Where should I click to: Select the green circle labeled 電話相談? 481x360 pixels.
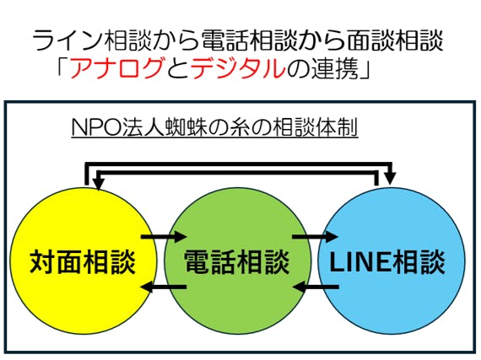[x=237, y=261]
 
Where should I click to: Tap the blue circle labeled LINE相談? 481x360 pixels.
[x=392, y=261]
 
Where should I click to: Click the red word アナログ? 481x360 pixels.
[x=116, y=67]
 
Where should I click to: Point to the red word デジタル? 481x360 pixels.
[x=238, y=67]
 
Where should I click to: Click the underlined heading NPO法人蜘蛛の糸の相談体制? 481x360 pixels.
[x=214, y=127]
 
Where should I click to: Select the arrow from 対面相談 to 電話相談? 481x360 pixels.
[x=164, y=237]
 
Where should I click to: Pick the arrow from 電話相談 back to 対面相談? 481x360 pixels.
[x=164, y=287]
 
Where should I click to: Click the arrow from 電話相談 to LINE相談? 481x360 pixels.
[x=315, y=237]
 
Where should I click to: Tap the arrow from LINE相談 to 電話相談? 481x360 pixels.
[x=316, y=287]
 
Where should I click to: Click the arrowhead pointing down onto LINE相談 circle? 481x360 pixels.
[x=390, y=179]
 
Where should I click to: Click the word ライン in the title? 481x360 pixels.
[x=68, y=40]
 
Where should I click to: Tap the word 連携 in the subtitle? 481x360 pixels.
[x=335, y=67]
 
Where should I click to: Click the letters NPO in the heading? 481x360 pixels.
[x=97, y=127]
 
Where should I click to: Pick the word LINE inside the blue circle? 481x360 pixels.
[x=359, y=262]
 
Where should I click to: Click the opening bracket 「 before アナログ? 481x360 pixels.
[x=62, y=65]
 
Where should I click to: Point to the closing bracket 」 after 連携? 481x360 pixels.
[x=365, y=70]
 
